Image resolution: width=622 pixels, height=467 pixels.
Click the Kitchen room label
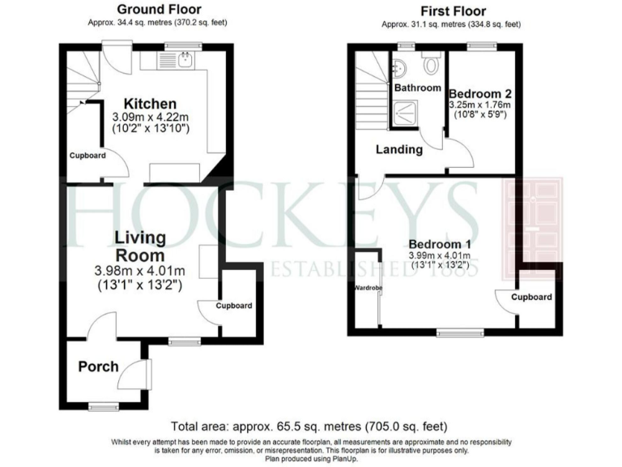149,104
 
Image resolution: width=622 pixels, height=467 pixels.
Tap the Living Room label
140,246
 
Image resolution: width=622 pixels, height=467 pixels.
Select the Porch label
98,367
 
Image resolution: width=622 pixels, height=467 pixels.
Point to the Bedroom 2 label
479,92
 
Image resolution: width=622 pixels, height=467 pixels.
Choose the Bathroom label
418,88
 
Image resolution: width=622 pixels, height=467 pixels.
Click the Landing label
399,149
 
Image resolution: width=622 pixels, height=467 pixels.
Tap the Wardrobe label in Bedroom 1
363,288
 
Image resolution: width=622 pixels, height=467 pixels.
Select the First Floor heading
454,11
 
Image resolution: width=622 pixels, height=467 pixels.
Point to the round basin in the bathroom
399,66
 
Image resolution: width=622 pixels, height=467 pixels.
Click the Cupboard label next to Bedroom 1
531,298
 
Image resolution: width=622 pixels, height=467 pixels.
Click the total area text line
309,426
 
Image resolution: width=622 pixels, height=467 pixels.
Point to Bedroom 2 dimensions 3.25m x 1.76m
480,105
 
